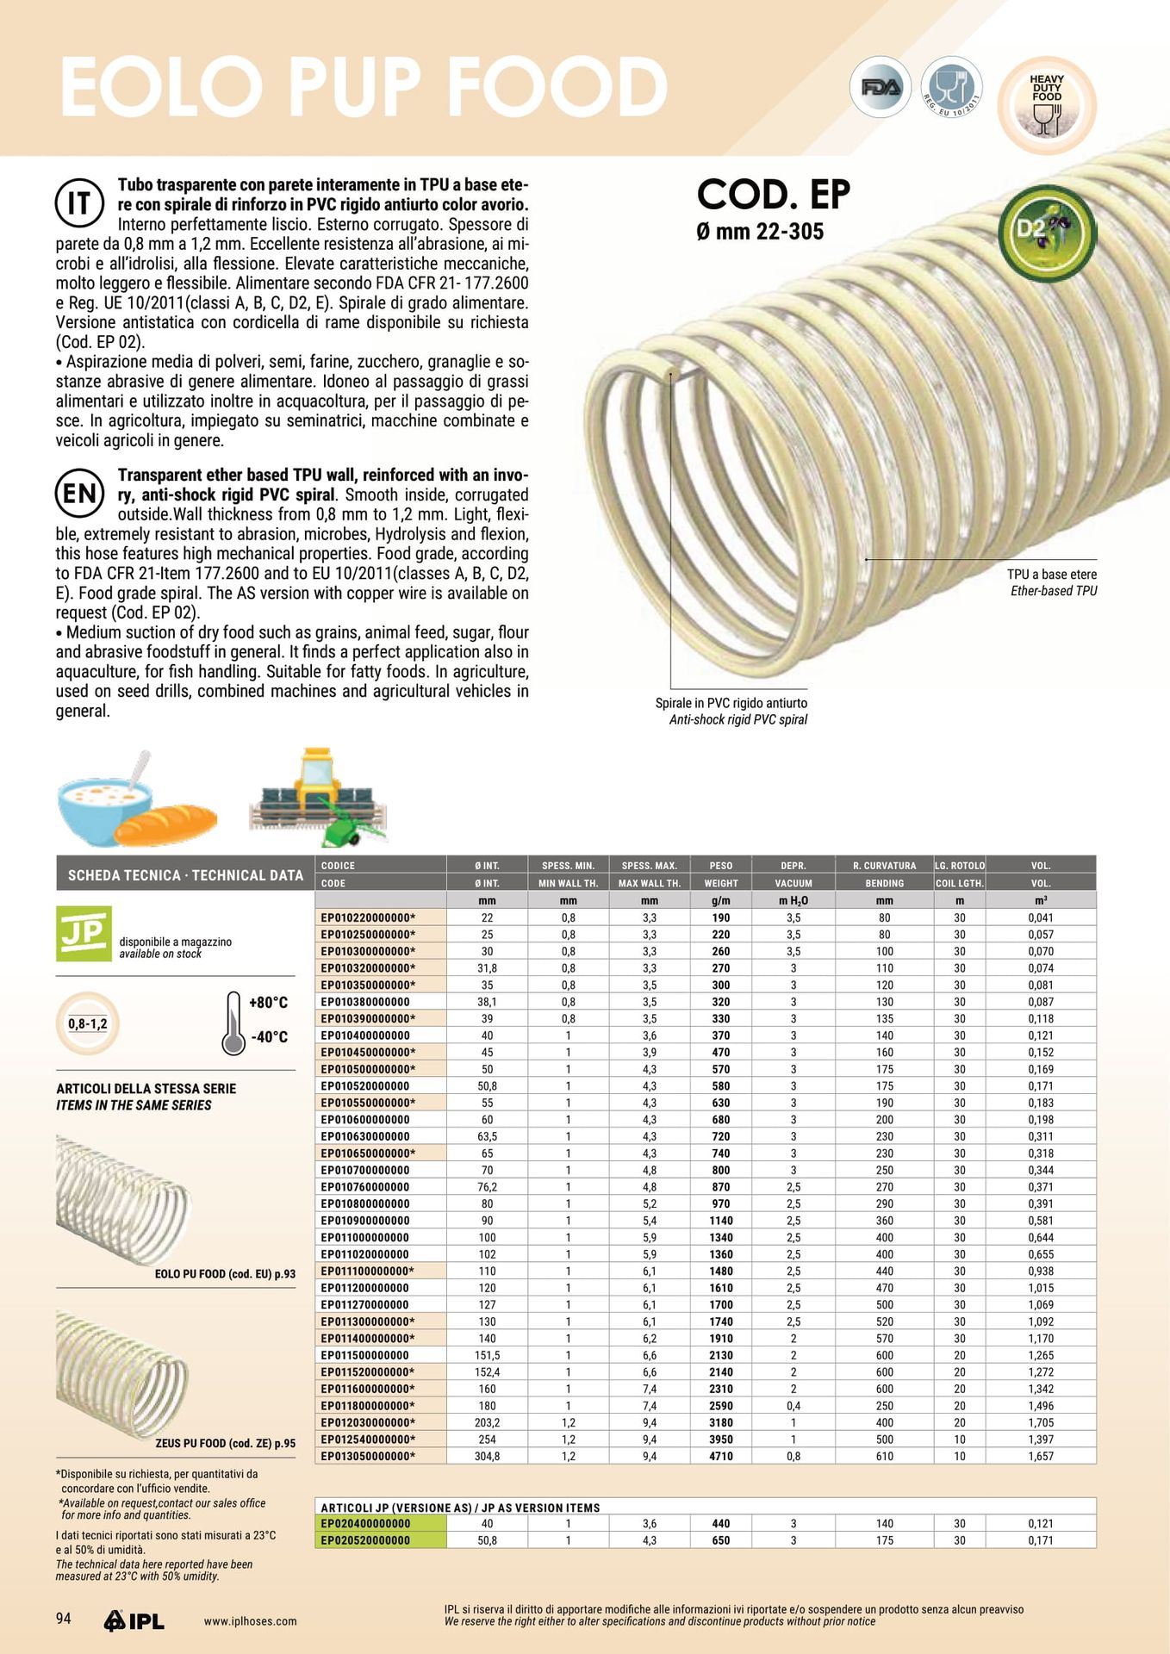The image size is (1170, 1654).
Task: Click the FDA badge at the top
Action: pos(880,87)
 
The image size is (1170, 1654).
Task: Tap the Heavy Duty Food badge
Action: pos(1047,105)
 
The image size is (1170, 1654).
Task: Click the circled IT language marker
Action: pos(79,203)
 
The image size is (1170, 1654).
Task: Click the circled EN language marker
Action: pos(79,494)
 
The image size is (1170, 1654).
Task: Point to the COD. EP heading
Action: pos(773,195)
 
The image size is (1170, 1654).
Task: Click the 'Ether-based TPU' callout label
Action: pos(1054,591)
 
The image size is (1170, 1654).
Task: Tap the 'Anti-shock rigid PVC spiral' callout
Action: pos(738,720)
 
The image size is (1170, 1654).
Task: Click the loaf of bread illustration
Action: pos(165,824)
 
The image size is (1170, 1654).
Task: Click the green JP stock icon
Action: pos(84,933)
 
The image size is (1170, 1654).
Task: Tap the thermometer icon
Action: pos(233,1023)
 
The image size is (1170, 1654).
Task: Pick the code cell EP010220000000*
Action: pos(368,917)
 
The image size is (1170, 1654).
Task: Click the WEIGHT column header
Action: pos(720,883)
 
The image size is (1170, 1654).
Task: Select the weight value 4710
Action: pos(720,1456)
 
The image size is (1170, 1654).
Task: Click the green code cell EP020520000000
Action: pos(366,1539)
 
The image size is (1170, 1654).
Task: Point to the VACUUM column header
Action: pos(793,883)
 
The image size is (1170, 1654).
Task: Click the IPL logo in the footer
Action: pos(134,1620)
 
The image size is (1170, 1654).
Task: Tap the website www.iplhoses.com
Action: pos(250,1621)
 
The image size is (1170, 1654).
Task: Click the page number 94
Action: pos(64,1619)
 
